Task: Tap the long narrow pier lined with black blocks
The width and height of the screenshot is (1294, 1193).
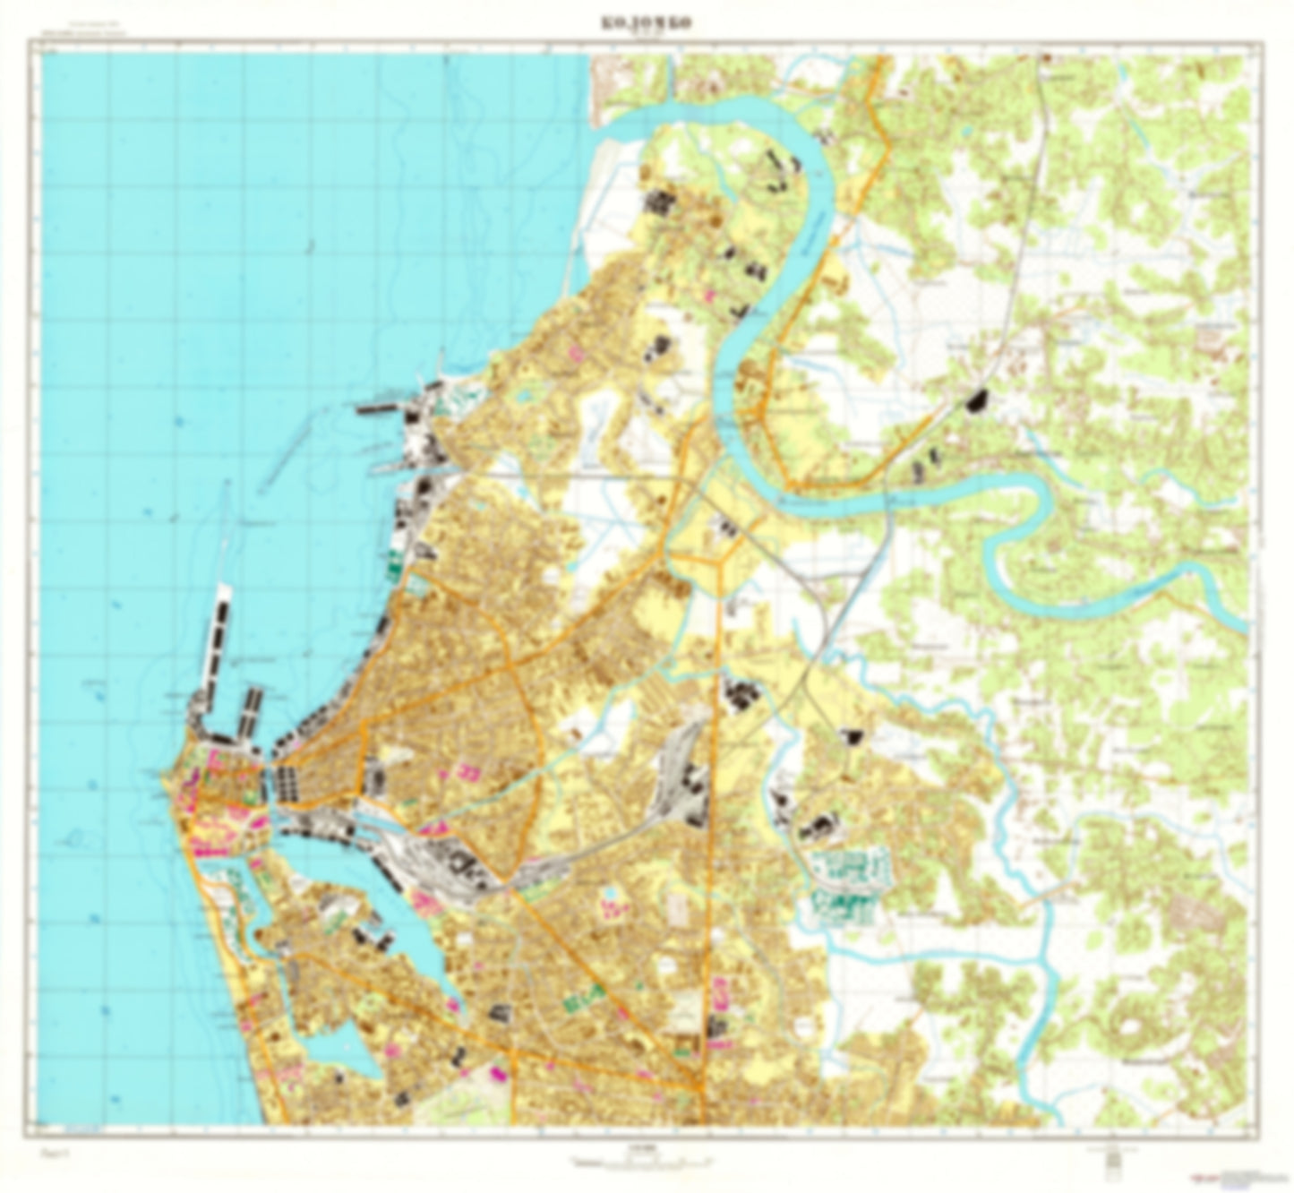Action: (x=218, y=640)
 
